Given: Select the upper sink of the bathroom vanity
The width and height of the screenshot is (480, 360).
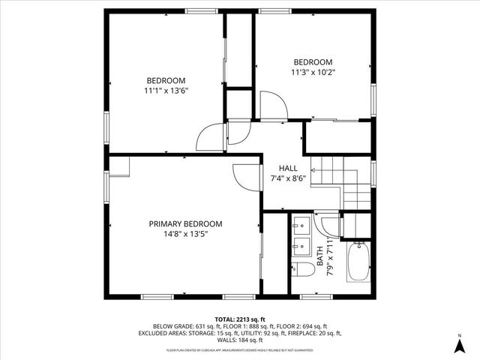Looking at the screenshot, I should (301, 224).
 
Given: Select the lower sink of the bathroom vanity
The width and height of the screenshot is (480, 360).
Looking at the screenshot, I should (301, 244).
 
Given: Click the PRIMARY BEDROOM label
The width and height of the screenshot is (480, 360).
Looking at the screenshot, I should (185, 223).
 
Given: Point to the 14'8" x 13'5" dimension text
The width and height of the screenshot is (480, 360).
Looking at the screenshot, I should (185, 234).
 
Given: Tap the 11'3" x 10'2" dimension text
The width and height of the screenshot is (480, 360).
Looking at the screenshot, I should (313, 72).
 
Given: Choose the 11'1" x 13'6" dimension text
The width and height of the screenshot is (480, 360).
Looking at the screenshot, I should (166, 91).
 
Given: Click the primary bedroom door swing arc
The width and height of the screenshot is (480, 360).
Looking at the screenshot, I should (244, 178).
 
